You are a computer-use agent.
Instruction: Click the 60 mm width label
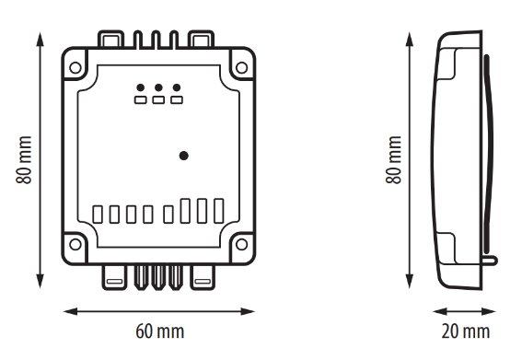pos(160,331)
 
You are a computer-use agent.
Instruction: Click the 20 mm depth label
pos(466,331)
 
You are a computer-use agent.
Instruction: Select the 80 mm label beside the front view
pos(24,160)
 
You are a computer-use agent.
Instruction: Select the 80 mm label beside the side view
pos(393,160)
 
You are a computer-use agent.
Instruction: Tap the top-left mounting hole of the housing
pos(75,67)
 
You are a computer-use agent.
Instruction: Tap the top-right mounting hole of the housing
pos(242,67)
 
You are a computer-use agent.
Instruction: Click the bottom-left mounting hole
pos(75,244)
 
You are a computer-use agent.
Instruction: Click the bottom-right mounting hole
pos(242,244)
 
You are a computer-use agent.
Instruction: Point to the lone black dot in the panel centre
pos(184,156)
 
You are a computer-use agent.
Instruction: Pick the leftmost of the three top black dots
pos(141,87)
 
